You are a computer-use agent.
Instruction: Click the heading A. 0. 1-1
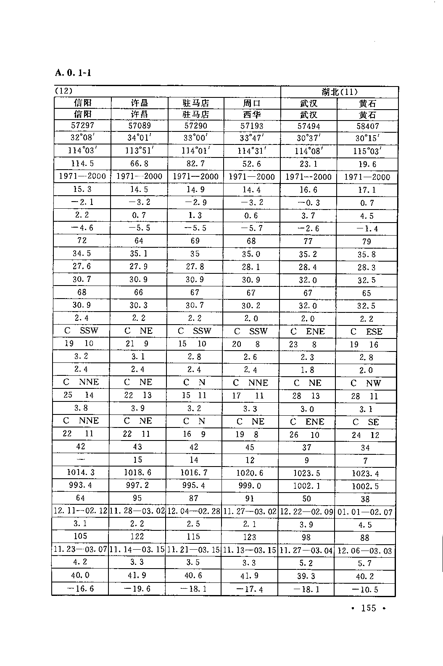[x=73, y=73]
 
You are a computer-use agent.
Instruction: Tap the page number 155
[x=368, y=608]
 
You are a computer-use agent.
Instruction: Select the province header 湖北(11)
[x=340, y=92]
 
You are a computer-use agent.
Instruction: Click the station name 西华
[x=251, y=115]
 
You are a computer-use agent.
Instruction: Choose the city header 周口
[x=251, y=103]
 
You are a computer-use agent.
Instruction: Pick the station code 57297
[x=82, y=126]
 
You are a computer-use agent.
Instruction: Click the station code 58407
[x=367, y=126]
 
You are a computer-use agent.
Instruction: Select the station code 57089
[x=139, y=126]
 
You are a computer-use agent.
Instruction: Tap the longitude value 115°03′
[x=367, y=151]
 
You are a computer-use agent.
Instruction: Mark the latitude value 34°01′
[x=139, y=138]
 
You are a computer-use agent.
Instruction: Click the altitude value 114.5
[x=82, y=163]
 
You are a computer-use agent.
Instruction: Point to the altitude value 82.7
[x=196, y=163]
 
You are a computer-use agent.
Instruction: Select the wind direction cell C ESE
[x=367, y=332]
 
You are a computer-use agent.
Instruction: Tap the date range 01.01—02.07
[x=365, y=512]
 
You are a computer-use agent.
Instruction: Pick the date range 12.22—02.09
[x=306, y=512]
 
